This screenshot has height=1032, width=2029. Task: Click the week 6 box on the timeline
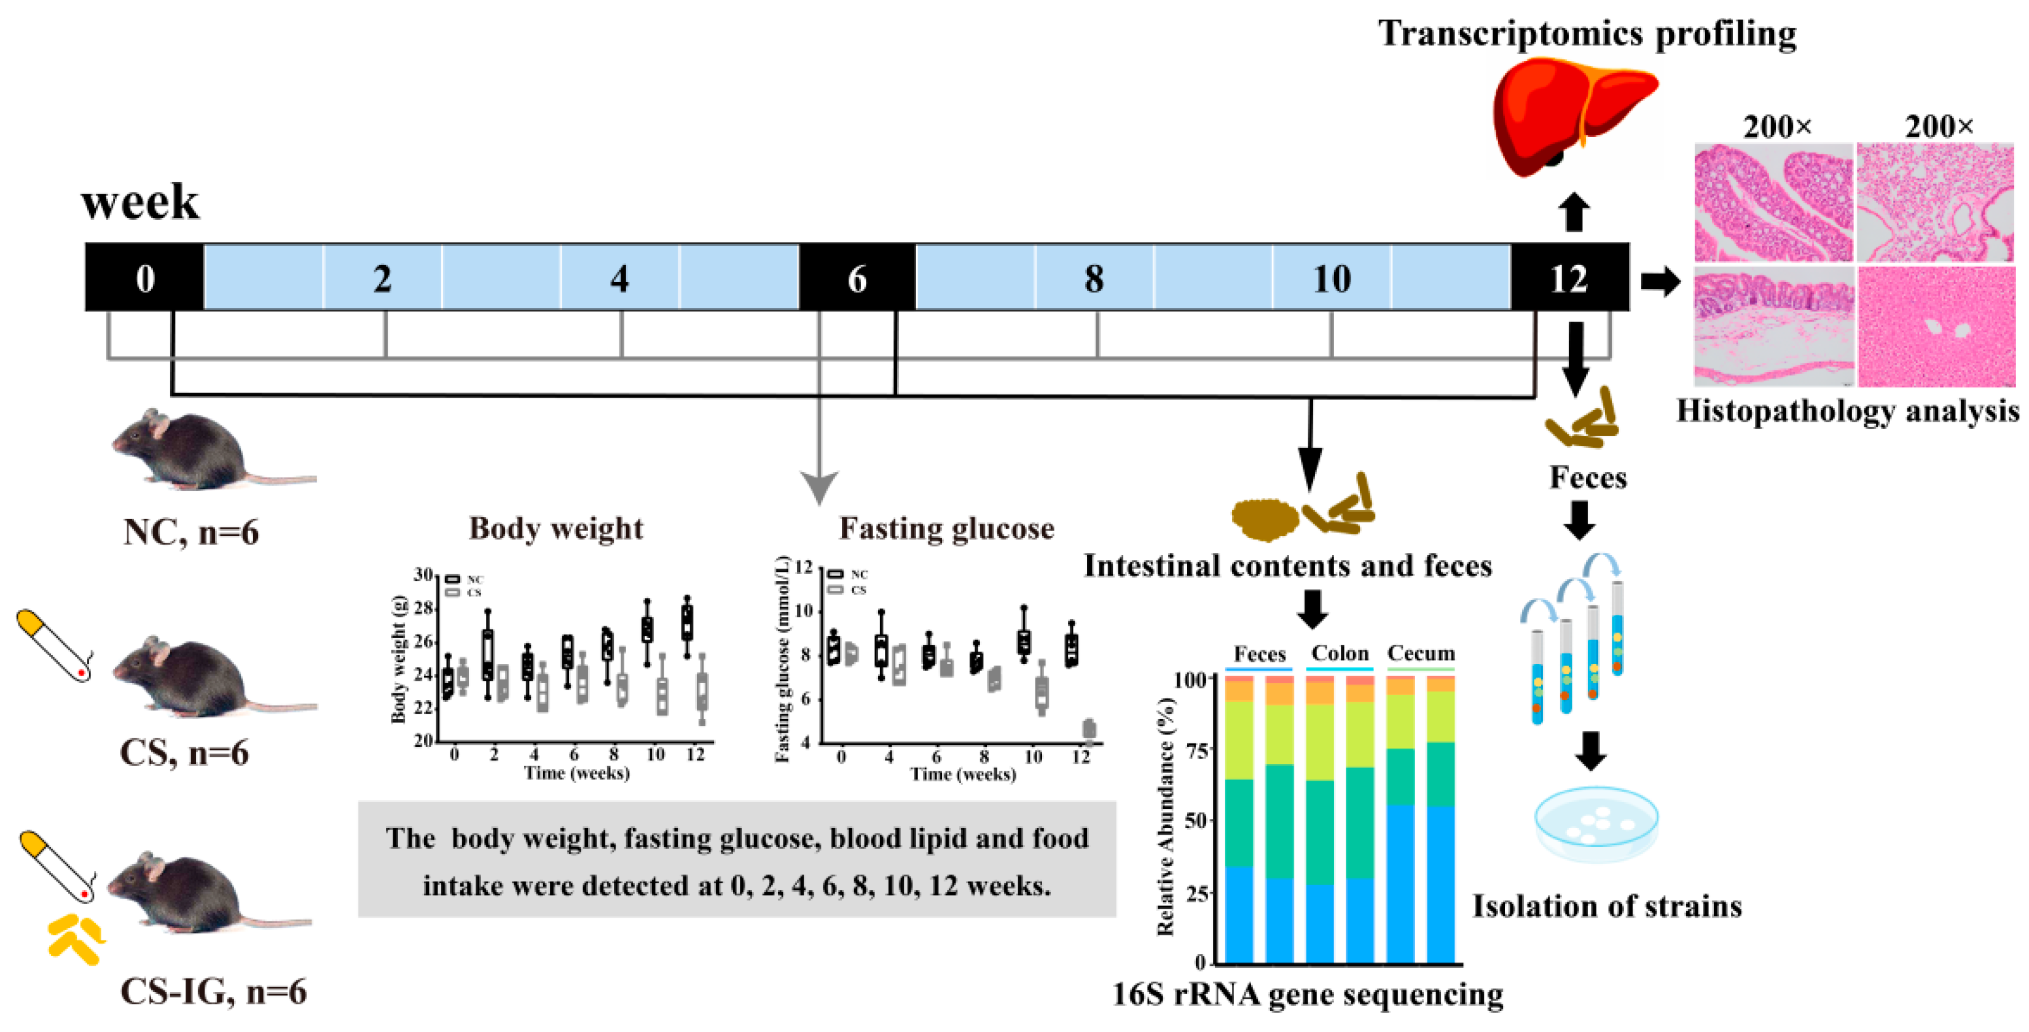[857, 277]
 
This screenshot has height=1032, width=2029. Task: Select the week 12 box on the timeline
[1569, 277]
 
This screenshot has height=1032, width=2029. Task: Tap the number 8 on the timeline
[1094, 278]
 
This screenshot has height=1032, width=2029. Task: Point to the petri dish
[1596, 823]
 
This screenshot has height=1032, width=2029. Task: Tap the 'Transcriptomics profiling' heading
[1587, 34]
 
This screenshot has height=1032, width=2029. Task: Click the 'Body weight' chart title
[556, 528]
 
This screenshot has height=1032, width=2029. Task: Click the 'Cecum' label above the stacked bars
[1421, 653]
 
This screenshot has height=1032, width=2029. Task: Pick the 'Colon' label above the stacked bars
[1340, 653]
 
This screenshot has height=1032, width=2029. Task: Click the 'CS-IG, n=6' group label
[213, 991]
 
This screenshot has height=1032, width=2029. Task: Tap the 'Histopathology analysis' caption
[1847, 411]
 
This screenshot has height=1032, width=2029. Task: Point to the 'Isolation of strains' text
[1607, 906]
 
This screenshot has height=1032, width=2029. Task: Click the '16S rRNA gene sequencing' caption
[1308, 994]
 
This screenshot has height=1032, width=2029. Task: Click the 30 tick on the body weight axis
[423, 575]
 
